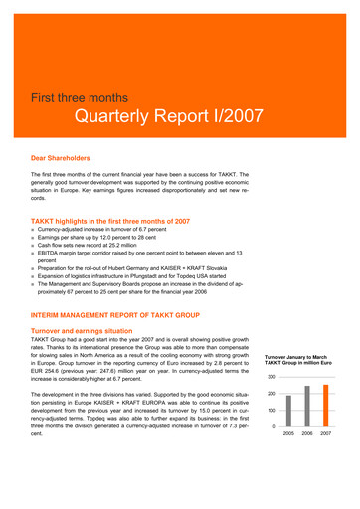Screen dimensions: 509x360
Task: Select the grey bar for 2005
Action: tap(289, 426)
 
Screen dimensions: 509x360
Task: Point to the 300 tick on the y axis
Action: tap(270, 378)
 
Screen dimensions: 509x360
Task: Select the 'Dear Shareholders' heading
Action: tap(61, 157)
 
